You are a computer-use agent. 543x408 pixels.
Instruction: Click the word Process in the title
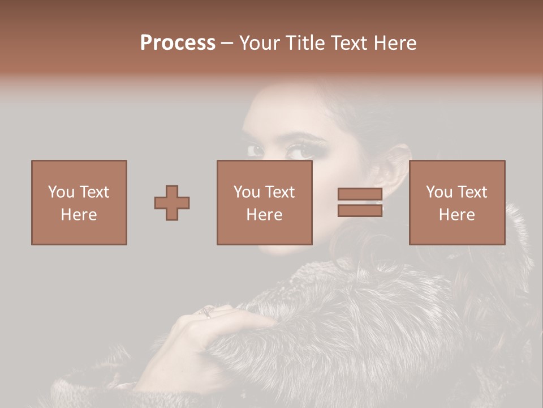[x=178, y=43]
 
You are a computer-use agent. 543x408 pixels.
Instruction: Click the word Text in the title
[x=348, y=43]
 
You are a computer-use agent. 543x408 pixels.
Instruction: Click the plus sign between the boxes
[x=172, y=203]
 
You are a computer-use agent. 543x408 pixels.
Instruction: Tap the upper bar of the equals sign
[x=360, y=194]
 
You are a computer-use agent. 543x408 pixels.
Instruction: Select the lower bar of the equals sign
[x=360, y=210]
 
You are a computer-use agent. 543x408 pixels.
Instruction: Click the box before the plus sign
[x=79, y=202]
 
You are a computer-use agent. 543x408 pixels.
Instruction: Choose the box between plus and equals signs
[x=265, y=202]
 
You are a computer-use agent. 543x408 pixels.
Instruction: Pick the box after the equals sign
[x=457, y=202]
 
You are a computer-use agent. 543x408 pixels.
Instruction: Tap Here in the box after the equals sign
[x=457, y=215]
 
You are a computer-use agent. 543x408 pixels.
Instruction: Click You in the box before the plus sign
[x=61, y=192]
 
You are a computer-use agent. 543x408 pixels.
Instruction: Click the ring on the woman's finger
[x=208, y=311]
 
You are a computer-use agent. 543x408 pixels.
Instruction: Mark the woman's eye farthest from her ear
[x=256, y=151]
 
